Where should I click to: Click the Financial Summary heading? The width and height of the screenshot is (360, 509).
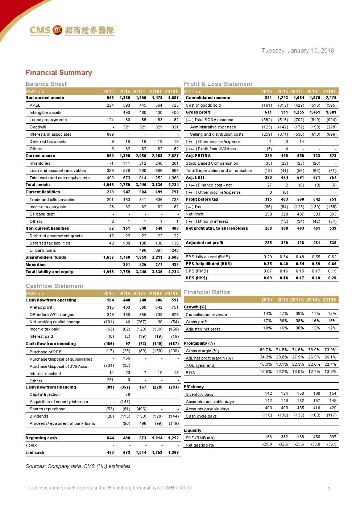(x=59, y=73)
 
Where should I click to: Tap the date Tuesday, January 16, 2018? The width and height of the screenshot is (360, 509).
(x=298, y=51)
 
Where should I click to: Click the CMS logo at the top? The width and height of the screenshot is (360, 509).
(x=72, y=30)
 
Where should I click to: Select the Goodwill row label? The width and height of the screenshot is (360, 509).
(x=38, y=127)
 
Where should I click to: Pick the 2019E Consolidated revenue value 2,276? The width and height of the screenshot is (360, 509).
(x=331, y=98)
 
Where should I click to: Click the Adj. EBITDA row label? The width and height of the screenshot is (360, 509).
(x=198, y=156)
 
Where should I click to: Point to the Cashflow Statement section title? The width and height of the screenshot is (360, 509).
(x=54, y=286)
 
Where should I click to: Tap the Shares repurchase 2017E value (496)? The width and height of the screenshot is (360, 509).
(x=141, y=409)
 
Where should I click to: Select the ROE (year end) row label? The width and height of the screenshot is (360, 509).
(x=200, y=365)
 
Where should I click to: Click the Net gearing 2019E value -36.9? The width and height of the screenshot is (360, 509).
(x=331, y=444)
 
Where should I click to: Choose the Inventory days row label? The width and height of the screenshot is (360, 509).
(x=199, y=394)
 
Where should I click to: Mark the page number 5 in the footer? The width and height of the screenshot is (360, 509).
(x=328, y=488)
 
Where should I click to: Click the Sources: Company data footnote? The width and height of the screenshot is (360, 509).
(x=78, y=466)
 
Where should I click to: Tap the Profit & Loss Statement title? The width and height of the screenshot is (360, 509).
(x=218, y=84)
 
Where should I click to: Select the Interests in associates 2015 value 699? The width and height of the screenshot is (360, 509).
(x=110, y=134)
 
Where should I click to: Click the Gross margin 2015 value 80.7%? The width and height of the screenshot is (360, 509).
(x=266, y=350)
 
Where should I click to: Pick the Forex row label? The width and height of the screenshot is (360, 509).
(x=31, y=445)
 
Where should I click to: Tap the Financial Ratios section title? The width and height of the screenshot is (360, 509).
(x=207, y=292)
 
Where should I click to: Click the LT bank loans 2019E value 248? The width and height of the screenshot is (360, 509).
(x=175, y=250)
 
